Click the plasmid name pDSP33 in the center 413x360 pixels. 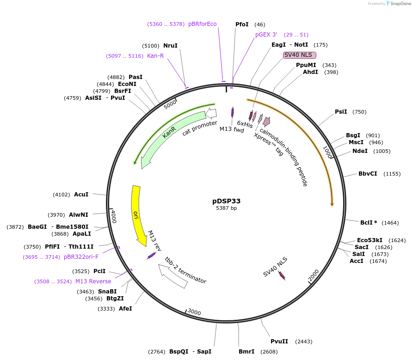[x=226, y=201]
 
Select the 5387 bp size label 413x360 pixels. [x=226, y=208]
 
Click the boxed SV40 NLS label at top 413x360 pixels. [x=299, y=55]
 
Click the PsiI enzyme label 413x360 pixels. [x=341, y=112]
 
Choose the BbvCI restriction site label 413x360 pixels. [x=368, y=174]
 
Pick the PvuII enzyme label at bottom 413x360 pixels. [x=279, y=342]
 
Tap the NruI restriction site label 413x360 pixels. [x=170, y=46]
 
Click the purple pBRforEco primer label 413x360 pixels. [x=202, y=24]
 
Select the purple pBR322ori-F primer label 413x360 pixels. [x=81, y=257]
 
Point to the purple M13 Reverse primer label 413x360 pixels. [x=93, y=281]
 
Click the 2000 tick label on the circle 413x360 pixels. [x=313, y=275]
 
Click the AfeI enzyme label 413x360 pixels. [x=125, y=308]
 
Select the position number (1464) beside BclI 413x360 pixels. [x=390, y=223]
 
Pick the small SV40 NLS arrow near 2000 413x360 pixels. [x=281, y=275]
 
